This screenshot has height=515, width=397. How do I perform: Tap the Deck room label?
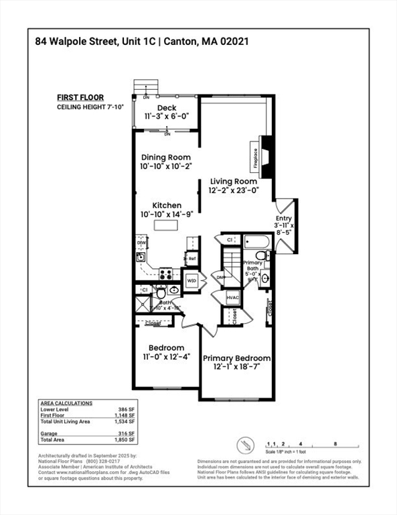click(x=167, y=108)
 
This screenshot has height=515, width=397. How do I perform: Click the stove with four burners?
click(x=165, y=274)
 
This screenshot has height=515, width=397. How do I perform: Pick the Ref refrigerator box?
click(x=191, y=258)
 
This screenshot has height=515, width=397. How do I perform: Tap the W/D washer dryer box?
click(x=191, y=280)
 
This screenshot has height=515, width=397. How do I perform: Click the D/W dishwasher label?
click(x=142, y=243)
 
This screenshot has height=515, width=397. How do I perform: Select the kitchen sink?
click(x=141, y=257)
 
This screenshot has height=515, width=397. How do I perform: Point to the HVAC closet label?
click(x=232, y=298)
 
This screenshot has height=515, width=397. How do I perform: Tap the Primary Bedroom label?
click(x=236, y=358)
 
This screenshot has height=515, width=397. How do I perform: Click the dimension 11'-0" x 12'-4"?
click(x=167, y=357)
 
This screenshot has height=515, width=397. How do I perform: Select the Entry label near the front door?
click(x=284, y=219)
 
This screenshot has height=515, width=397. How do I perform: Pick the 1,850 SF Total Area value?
click(x=125, y=441)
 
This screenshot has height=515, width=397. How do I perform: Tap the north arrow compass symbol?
click(x=245, y=444)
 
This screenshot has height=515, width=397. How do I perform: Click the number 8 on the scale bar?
click(x=335, y=444)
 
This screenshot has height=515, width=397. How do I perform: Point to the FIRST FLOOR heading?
click(x=80, y=97)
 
